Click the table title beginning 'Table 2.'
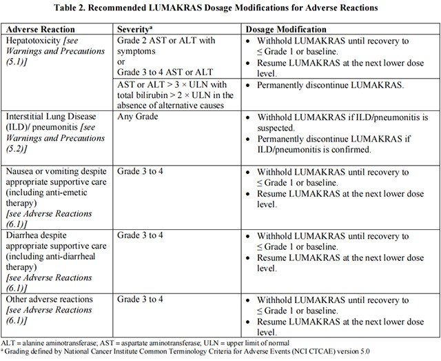click(220, 9)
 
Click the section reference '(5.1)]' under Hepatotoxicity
click(20, 62)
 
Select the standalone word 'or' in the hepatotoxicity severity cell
click(122, 63)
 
